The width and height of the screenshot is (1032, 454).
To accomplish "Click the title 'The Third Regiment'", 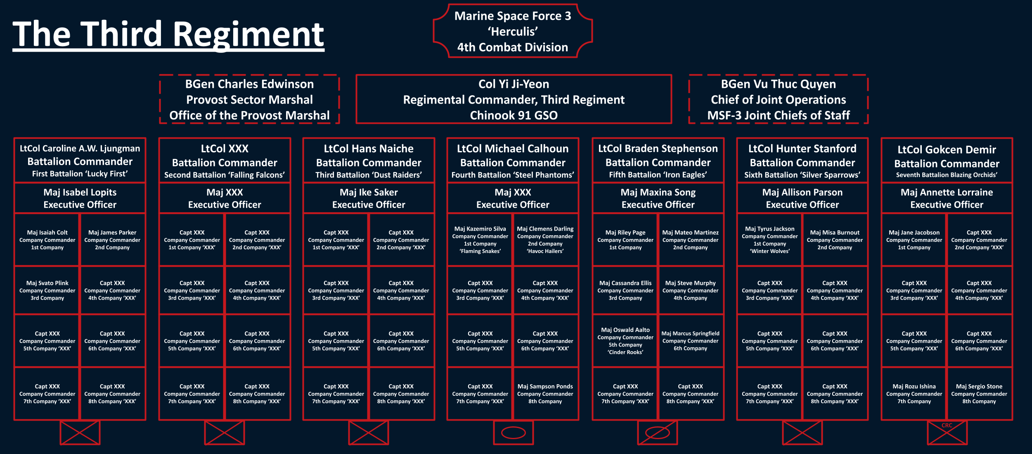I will click(x=168, y=35).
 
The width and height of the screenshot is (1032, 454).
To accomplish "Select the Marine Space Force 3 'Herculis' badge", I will click(x=513, y=31).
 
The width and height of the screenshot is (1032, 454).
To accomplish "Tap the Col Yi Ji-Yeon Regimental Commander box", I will click(x=514, y=99).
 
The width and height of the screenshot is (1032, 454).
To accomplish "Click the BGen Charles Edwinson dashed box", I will click(x=249, y=99).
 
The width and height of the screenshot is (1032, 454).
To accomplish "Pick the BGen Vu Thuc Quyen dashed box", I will click(x=778, y=99).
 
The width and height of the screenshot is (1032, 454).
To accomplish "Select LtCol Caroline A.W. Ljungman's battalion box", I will click(x=80, y=161).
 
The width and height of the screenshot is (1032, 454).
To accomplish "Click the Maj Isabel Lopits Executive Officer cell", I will click(x=80, y=198).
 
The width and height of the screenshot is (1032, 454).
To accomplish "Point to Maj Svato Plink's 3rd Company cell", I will click(x=47, y=290).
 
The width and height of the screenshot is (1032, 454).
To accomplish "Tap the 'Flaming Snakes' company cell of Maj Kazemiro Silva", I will click(x=480, y=240).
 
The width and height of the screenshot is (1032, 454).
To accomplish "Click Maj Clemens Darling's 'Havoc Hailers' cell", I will click(x=545, y=240).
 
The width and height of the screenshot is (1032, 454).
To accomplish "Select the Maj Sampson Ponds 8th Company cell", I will click(x=545, y=394).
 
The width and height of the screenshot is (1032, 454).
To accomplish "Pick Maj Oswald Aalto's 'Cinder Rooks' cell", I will click(x=625, y=341).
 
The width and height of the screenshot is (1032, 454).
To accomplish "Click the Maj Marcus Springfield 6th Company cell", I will click(x=690, y=341).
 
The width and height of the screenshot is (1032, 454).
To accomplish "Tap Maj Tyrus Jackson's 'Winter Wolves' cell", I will click(x=769, y=240).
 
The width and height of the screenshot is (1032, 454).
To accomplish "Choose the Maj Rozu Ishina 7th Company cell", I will click(x=914, y=394).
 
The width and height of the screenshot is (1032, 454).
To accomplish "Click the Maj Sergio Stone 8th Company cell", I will click(x=979, y=394).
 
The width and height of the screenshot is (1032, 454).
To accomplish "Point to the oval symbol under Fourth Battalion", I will click(x=513, y=433).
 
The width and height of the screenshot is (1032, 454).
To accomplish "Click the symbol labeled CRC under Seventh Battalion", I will click(x=947, y=433).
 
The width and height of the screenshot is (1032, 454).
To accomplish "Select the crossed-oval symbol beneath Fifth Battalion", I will click(x=658, y=433).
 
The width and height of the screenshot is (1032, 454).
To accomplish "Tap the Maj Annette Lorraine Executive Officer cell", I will click(x=947, y=198).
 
